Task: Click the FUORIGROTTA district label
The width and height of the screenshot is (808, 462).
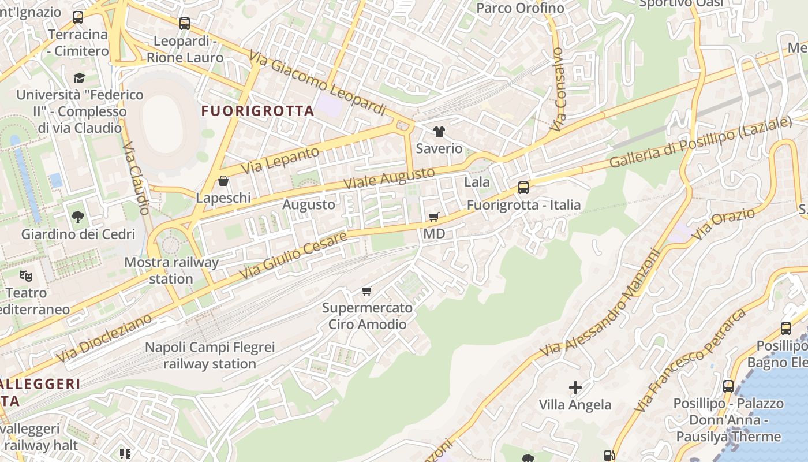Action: [x=257, y=111]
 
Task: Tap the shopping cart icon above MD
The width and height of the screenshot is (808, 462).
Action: [x=434, y=217]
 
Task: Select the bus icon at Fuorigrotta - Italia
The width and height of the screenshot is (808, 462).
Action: [x=523, y=188]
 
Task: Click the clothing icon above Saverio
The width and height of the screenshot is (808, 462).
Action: [x=439, y=132]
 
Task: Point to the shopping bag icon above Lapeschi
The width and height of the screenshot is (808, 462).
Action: [x=223, y=181]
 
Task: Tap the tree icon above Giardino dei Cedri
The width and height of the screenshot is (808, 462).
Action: [x=78, y=218]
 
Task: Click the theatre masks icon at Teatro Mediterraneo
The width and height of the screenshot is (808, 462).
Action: [x=25, y=275]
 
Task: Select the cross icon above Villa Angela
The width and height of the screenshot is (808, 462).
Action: [x=575, y=388]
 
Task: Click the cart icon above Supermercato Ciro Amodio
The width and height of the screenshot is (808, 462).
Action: [x=367, y=290]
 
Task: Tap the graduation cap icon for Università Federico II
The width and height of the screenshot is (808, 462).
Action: [x=79, y=77]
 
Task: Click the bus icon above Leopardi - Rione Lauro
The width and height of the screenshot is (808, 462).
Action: [x=185, y=24]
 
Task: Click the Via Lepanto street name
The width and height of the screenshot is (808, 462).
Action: [x=280, y=161]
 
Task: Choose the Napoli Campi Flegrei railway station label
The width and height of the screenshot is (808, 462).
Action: [x=209, y=356]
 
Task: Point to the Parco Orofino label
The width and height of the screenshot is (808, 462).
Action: [x=520, y=8]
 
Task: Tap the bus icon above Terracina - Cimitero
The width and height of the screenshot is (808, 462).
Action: [x=78, y=17]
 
